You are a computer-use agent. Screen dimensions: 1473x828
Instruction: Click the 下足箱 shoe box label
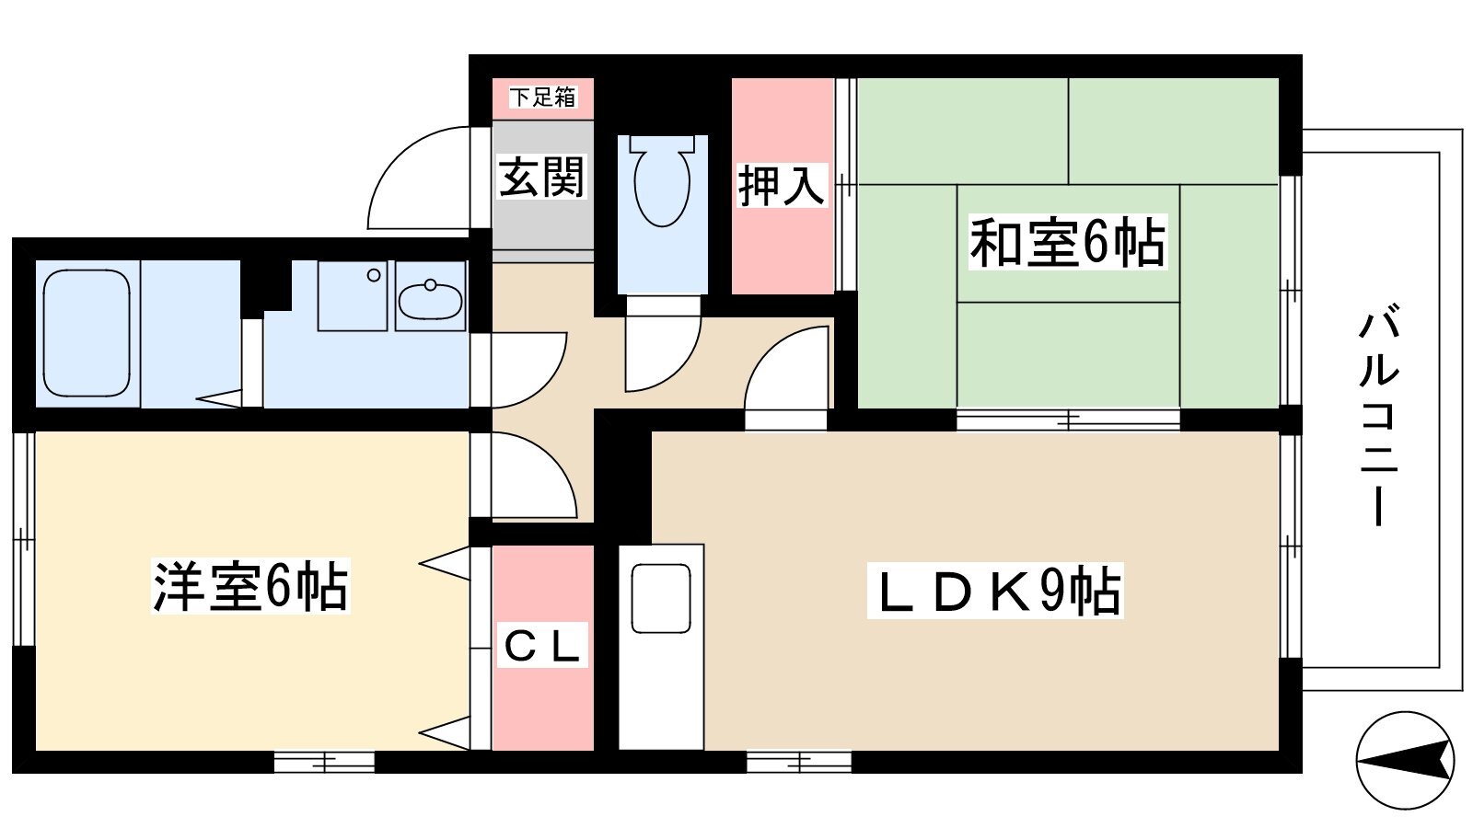[542, 98]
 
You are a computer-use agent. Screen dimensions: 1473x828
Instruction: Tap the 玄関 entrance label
[541, 177]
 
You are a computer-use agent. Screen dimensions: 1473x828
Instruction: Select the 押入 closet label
[781, 186]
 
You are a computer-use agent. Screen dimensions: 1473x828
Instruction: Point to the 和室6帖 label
[1068, 242]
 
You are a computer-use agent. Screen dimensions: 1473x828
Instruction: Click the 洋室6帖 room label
[250, 586]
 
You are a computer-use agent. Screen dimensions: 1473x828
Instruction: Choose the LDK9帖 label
[995, 590]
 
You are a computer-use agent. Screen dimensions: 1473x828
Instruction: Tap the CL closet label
[542, 645]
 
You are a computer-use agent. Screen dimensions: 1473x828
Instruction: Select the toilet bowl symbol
[662, 180]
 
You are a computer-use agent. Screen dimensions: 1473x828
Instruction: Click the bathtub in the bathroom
[87, 333]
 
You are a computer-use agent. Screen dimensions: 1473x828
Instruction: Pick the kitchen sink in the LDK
[661, 599]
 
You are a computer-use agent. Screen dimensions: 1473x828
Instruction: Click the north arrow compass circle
[1405, 760]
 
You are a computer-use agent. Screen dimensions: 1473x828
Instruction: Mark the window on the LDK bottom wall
[799, 763]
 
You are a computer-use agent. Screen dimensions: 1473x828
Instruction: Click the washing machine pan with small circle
[353, 295]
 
